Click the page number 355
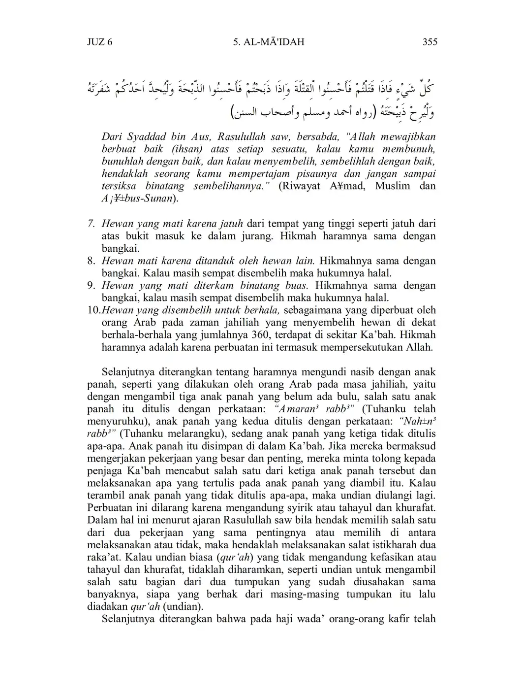click(430, 42)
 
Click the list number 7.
click(91, 224)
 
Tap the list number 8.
click(91, 261)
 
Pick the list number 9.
click(91, 285)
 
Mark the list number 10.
click(93, 310)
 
